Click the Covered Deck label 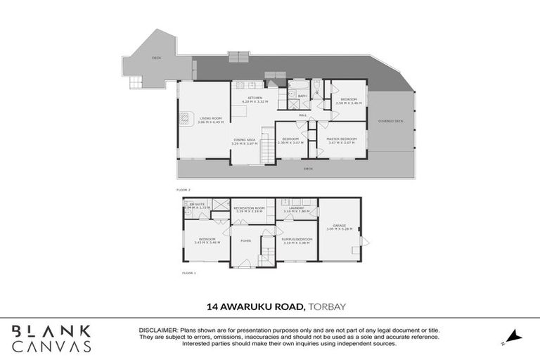point(390,122)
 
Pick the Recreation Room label point(249,210)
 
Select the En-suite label point(195,205)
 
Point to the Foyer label point(245,241)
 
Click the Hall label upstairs point(302,115)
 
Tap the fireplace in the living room point(185,119)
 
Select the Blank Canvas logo point(51,338)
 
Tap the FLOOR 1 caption point(188,273)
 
